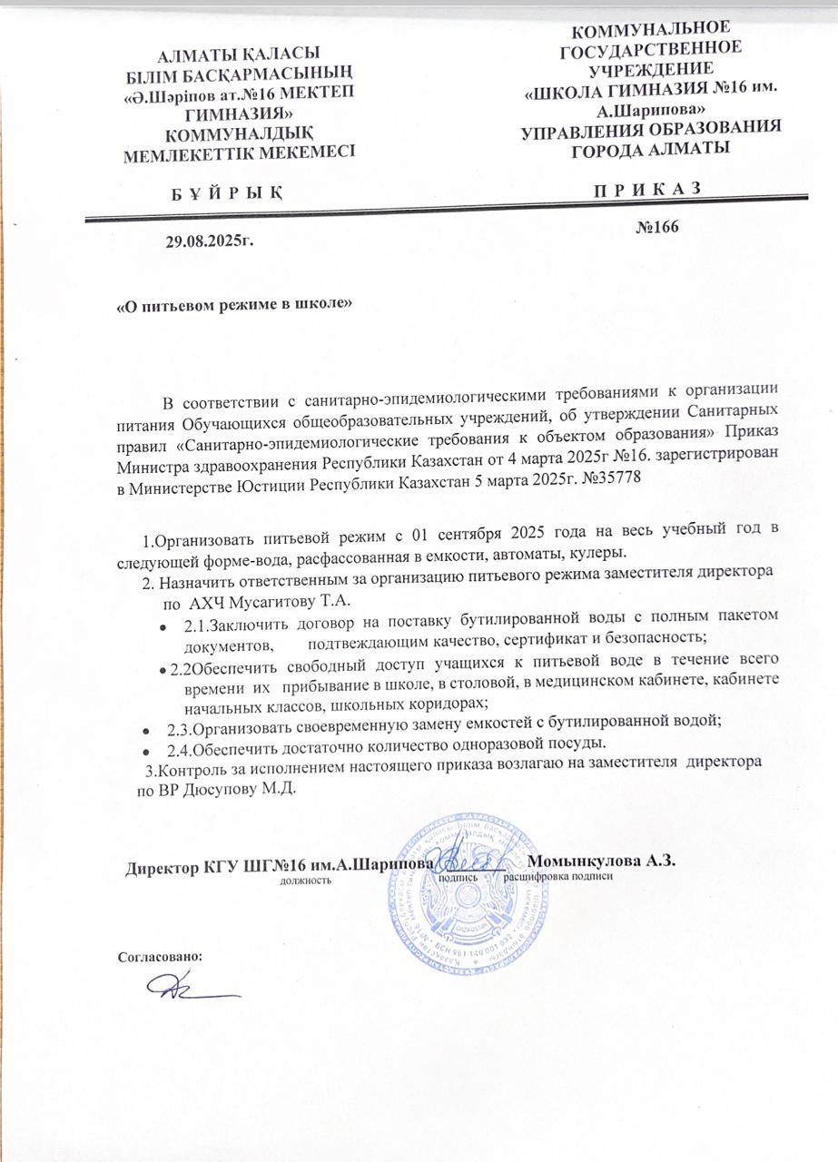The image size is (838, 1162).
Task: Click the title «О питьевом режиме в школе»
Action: pyautogui.click(x=234, y=304)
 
